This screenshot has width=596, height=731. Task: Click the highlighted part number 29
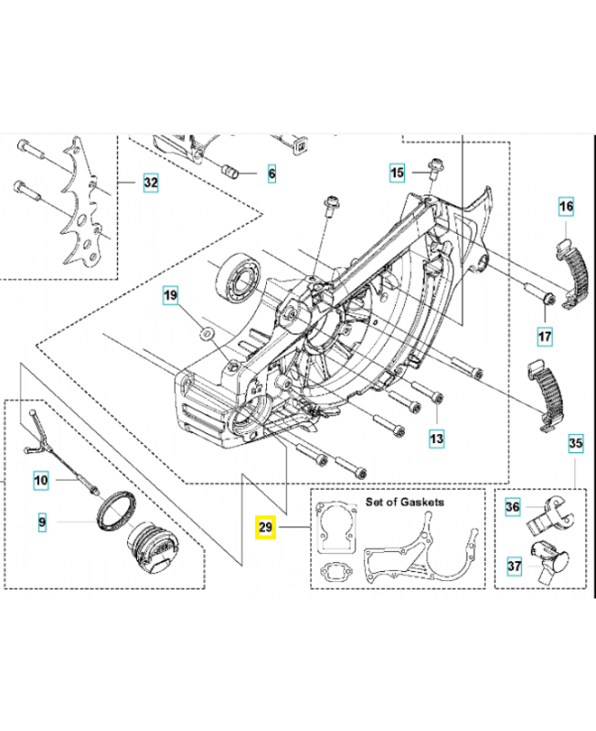tap(265, 527)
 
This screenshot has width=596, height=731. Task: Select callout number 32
tap(150, 184)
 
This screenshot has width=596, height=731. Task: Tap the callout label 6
tap(271, 172)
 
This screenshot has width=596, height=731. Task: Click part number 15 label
tap(396, 171)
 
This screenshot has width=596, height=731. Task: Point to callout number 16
tap(566, 207)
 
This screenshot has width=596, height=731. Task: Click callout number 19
tap(170, 295)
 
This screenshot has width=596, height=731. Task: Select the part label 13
tap(437, 439)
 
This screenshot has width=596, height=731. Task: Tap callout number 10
tap(40, 478)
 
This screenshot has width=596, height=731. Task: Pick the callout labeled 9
tap(40, 523)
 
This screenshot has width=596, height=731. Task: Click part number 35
tap(575, 445)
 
